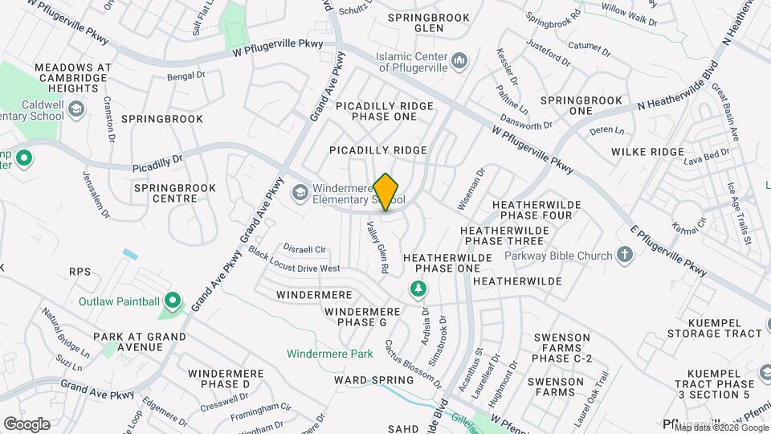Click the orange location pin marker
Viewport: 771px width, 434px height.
tap(386, 191)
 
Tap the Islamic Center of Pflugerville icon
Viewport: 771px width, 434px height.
tap(460, 61)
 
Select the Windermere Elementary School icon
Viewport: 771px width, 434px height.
tap(300, 192)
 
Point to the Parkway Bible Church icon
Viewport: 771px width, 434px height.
tap(625, 256)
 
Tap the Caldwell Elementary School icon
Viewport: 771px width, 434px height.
tap(76, 108)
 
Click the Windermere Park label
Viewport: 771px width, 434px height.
tap(330, 354)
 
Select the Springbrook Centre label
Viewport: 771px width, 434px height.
tap(165, 193)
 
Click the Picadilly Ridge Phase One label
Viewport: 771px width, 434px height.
tap(385, 111)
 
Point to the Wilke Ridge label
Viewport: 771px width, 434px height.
tap(647, 152)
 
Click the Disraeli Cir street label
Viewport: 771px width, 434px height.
tap(304, 248)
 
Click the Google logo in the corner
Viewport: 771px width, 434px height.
tap(27, 424)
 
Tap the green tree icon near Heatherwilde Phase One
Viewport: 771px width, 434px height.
tap(418, 288)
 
